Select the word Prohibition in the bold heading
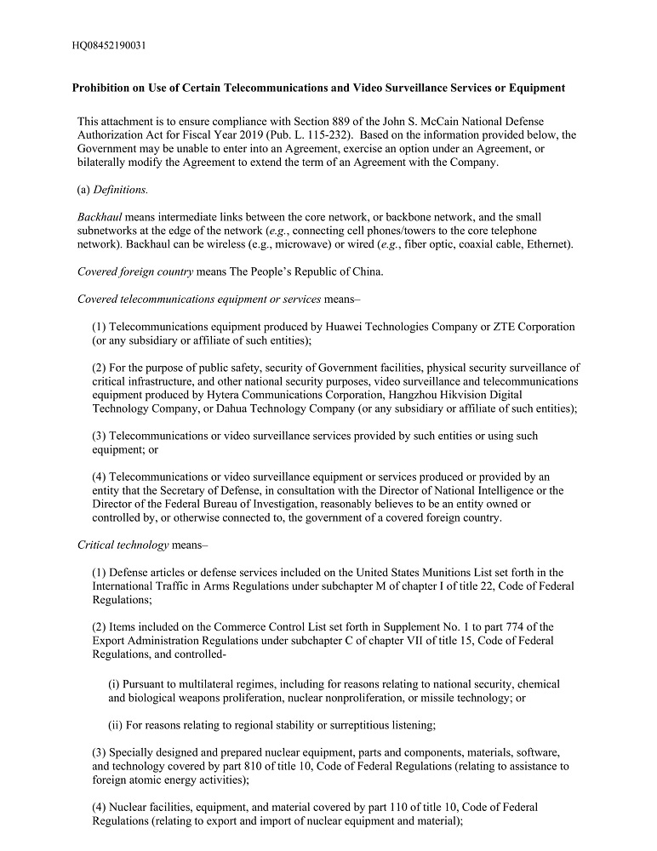click(103, 88)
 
